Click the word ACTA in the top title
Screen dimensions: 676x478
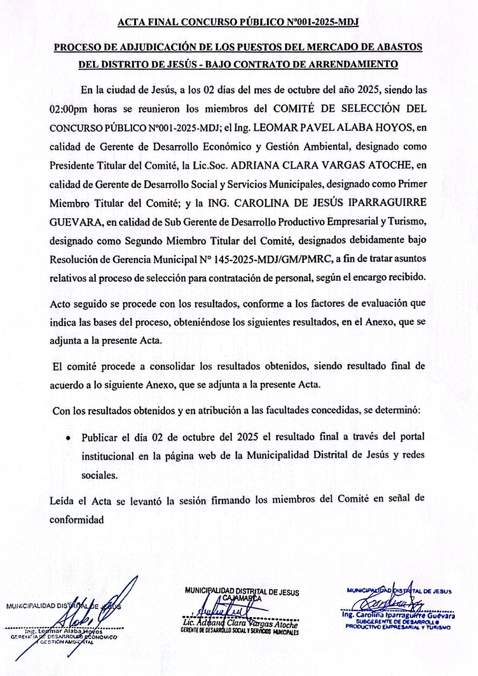coord(131,23)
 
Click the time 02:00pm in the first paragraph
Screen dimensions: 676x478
coord(69,109)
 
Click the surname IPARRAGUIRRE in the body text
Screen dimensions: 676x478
coord(389,202)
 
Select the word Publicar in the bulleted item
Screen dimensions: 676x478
coord(99,437)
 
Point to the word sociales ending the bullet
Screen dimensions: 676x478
coord(99,475)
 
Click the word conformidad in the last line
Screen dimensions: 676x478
coord(76,520)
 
